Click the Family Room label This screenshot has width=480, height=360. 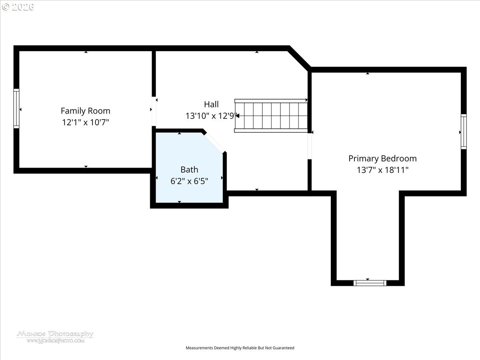pyautogui.click(x=86, y=111)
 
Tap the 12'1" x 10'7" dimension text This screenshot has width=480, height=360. pyautogui.click(x=86, y=122)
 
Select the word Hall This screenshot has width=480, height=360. pyautogui.click(x=211, y=104)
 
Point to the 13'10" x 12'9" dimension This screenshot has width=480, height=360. pyautogui.click(x=211, y=116)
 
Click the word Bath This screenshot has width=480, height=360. pyautogui.click(x=189, y=170)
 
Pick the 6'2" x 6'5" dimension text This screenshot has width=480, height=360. pyautogui.click(x=189, y=181)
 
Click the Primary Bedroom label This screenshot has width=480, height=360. pyautogui.click(x=382, y=159)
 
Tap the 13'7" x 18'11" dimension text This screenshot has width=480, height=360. pyautogui.click(x=382, y=170)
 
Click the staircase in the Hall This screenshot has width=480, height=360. pyautogui.click(x=271, y=116)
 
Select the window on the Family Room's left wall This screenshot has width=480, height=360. pyautogui.click(x=16, y=108)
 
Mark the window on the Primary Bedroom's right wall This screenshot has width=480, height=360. pyautogui.click(x=464, y=132)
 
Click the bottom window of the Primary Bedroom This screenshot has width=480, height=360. pyautogui.click(x=370, y=283)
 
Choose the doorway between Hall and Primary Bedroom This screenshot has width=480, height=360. pyautogui.click(x=310, y=146)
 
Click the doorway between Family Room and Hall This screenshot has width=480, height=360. pyautogui.click(x=154, y=111)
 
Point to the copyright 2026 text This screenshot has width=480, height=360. pyautogui.click(x=18, y=7)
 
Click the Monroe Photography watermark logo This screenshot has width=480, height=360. pyautogui.click(x=55, y=337)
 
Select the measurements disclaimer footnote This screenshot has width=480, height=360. pyautogui.click(x=240, y=348)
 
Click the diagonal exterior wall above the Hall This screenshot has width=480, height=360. pyautogui.click(x=299, y=58)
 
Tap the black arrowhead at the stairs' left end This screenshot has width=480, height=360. pyautogui.click(x=237, y=116)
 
